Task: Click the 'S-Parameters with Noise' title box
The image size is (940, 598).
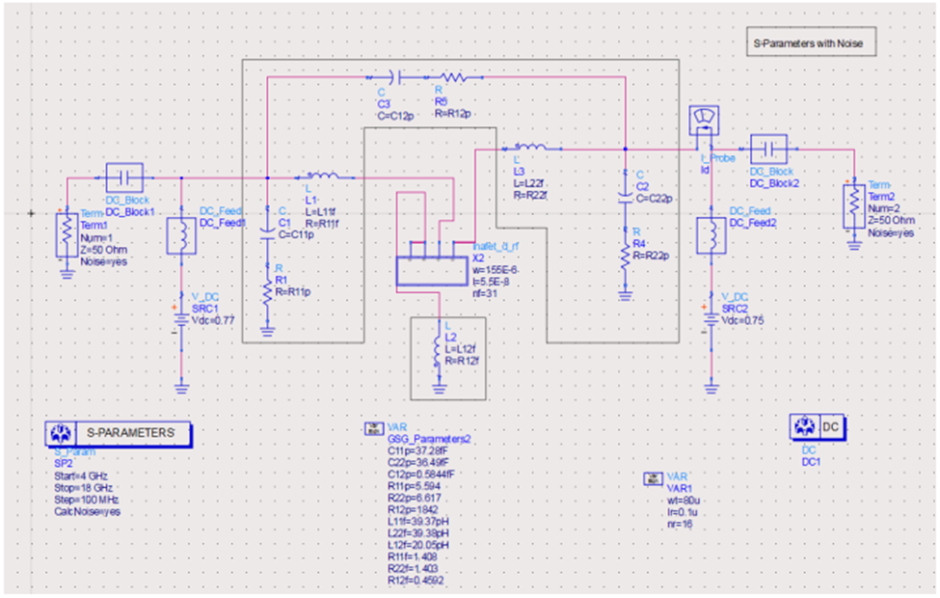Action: pyautogui.click(x=810, y=43)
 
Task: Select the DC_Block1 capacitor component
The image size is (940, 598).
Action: pyautogui.click(x=123, y=177)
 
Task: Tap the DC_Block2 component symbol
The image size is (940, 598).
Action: pyautogui.click(x=768, y=149)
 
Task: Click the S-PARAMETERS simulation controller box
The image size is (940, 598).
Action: pyautogui.click(x=117, y=433)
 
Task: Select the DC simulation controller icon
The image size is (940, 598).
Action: pyautogui.click(x=818, y=425)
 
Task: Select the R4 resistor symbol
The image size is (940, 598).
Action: pyautogui.click(x=625, y=252)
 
